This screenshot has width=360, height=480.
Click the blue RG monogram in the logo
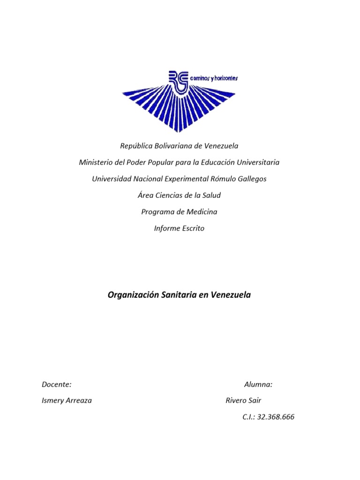click(x=178, y=81)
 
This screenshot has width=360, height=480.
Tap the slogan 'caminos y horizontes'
click(x=214, y=78)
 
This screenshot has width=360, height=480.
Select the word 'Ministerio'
click(x=96, y=162)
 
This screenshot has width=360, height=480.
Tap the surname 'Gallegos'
click(x=250, y=179)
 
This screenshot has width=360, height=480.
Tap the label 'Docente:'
click(x=56, y=384)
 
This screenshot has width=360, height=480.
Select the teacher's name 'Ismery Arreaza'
click(x=67, y=401)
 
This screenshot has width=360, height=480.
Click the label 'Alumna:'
click(x=258, y=384)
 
